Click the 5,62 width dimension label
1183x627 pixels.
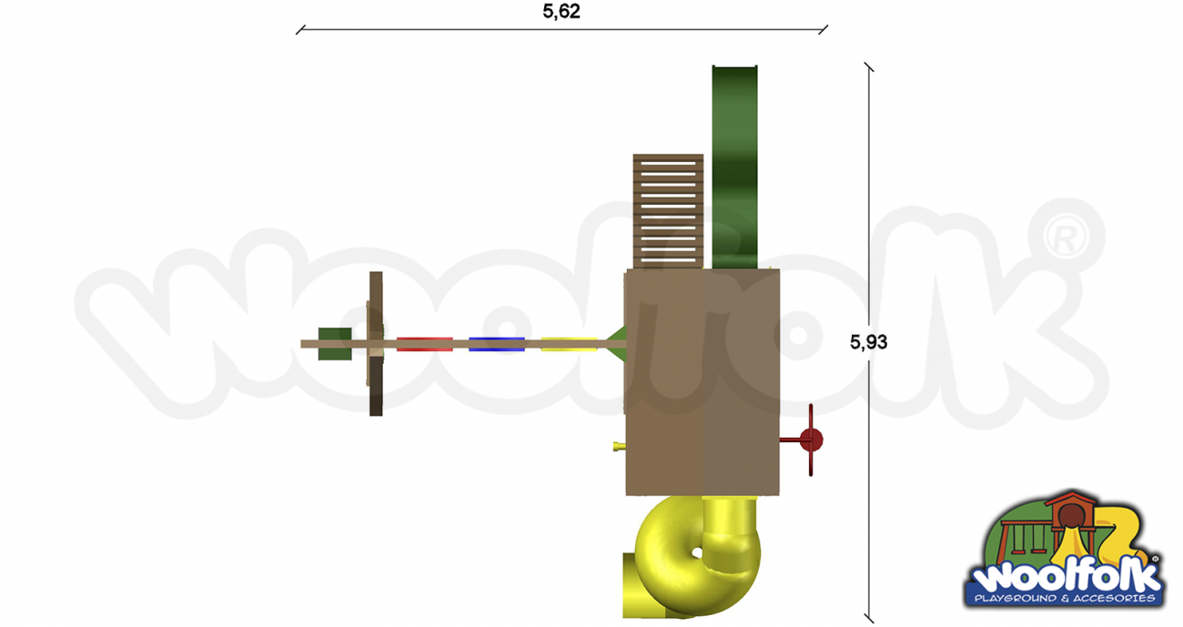click(x=561, y=11)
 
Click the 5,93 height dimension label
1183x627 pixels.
click(x=868, y=342)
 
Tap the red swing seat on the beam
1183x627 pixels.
click(x=425, y=344)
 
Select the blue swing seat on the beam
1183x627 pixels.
click(x=497, y=344)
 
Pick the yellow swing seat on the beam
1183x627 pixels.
click(x=569, y=344)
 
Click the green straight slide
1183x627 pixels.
click(x=734, y=167)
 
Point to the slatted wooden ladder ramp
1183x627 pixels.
click(x=668, y=211)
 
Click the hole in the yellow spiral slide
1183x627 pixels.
click(x=696, y=552)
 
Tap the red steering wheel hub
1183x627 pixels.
click(x=811, y=440)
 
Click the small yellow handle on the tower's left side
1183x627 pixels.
click(x=619, y=446)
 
